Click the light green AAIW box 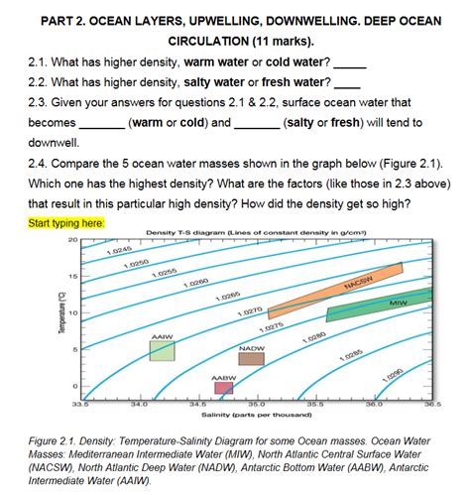coord(163,349)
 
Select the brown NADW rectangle coord(251,360)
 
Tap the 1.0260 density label coord(195,284)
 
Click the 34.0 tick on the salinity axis coord(138,405)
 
